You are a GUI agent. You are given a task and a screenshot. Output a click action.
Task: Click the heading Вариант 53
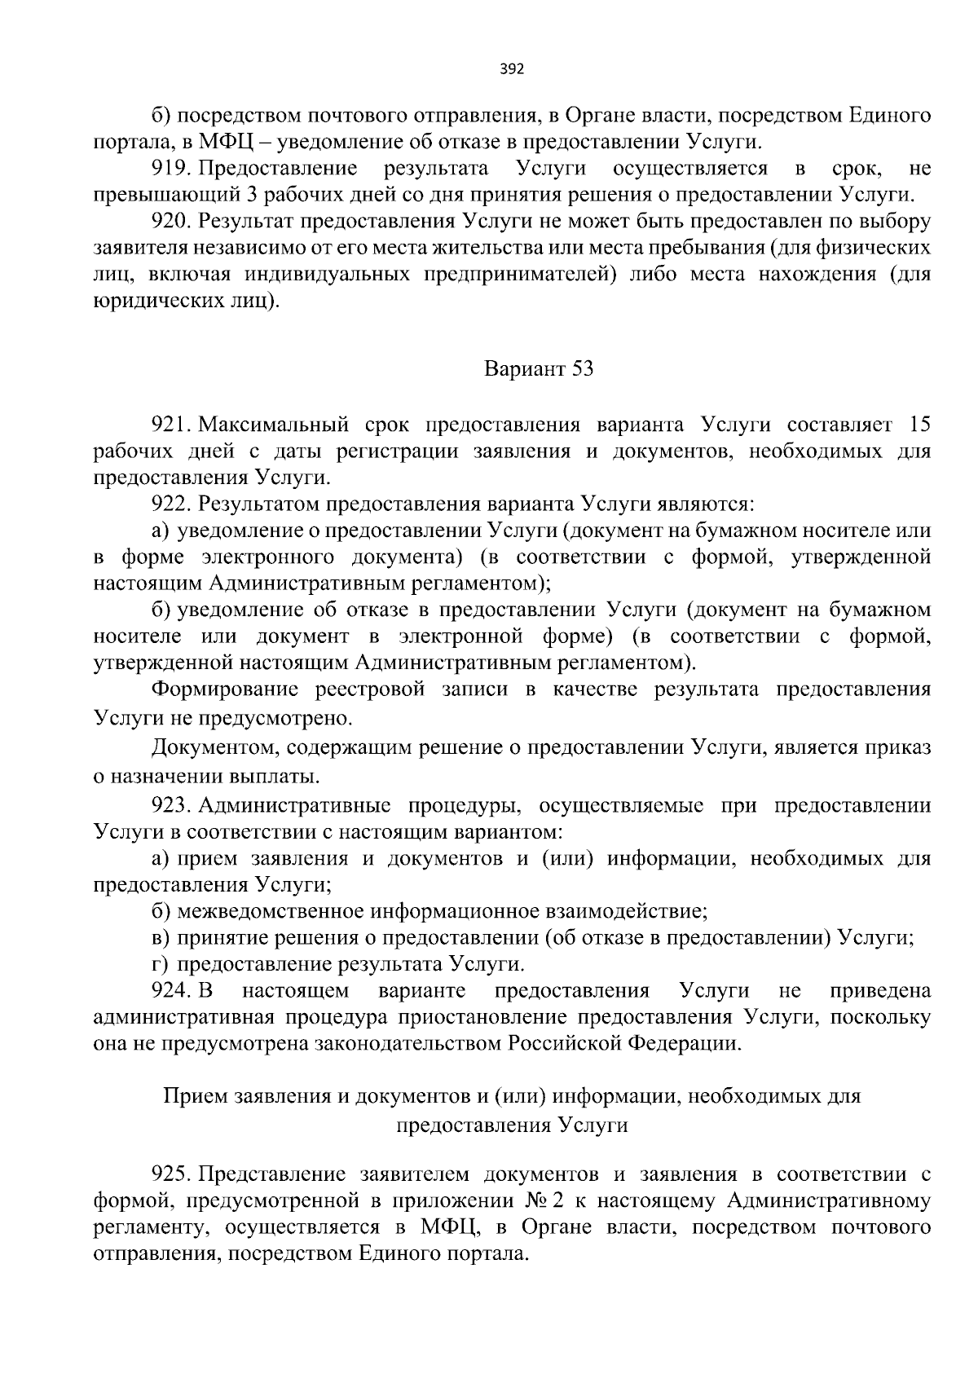[x=539, y=369]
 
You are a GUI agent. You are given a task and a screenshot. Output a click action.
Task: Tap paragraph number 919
[x=170, y=169]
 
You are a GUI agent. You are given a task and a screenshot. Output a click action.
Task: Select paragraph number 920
[x=170, y=222]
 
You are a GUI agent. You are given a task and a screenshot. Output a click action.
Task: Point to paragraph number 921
[x=170, y=425]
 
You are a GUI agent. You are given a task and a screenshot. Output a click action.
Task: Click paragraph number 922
[x=170, y=504]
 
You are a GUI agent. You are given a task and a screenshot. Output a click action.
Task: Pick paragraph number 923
[x=170, y=806]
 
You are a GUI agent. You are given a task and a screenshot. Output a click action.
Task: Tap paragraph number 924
[x=170, y=991]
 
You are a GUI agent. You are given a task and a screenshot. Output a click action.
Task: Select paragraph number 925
[x=170, y=1174]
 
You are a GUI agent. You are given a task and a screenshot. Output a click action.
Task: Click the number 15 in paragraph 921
[x=919, y=425]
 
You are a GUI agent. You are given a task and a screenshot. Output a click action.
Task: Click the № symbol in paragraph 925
[x=535, y=1200]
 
